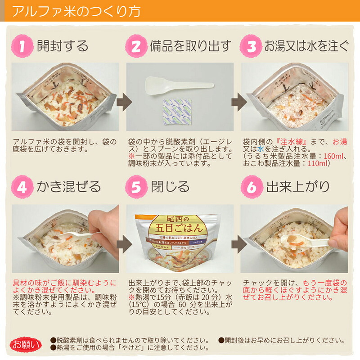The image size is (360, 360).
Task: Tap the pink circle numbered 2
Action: click(x=137, y=46)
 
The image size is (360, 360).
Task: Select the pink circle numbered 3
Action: click(x=252, y=46)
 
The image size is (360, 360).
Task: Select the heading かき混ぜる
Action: click(x=69, y=187)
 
